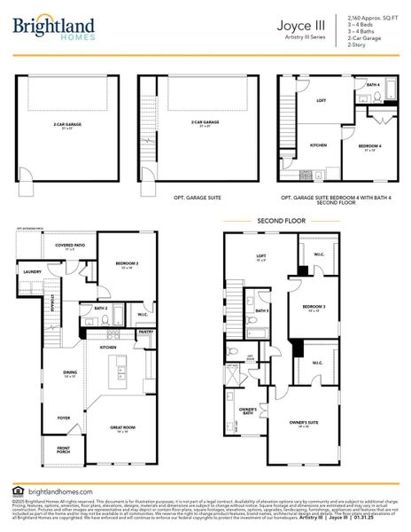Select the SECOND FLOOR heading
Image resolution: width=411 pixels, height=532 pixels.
click(x=283, y=220)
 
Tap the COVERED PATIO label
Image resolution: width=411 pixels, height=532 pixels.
click(x=70, y=246)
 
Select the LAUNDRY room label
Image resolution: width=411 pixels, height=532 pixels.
click(x=35, y=272)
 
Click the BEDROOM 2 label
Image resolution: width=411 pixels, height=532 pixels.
click(x=126, y=263)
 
